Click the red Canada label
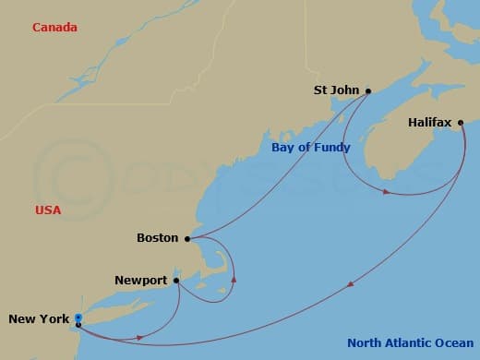54,28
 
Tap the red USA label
48,210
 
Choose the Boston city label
157,238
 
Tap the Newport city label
141,280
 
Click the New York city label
39,319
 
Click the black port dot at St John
368,90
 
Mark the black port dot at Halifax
461,121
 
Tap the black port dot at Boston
187,238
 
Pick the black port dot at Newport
175,280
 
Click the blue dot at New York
78,318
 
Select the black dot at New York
78,325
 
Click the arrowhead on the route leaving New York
138,337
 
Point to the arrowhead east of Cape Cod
234,277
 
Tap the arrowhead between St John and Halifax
385,192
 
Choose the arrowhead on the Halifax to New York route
350,284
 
